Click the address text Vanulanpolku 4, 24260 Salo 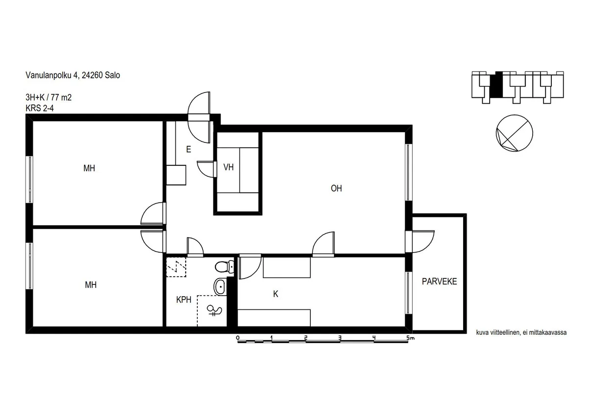tap(72, 75)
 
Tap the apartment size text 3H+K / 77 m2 tap(48, 97)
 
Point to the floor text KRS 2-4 tap(40, 108)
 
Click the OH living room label tap(336, 188)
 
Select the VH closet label tap(228, 167)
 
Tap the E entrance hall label tap(189, 150)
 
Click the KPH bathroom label tap(184, 300)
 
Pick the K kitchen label tap(276, 294)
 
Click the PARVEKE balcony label tap(439, 281)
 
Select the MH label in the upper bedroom tap(89, 168)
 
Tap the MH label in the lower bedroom tap(91, 285)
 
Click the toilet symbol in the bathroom tap(224, 267)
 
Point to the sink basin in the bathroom tap(220, 286)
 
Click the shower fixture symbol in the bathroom tap(214, 311)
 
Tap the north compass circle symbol tap(514, 133)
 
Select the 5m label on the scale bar tap(410, 338)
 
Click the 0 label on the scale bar tap(237, 338)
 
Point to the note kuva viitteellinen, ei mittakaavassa tap(521, 332)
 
